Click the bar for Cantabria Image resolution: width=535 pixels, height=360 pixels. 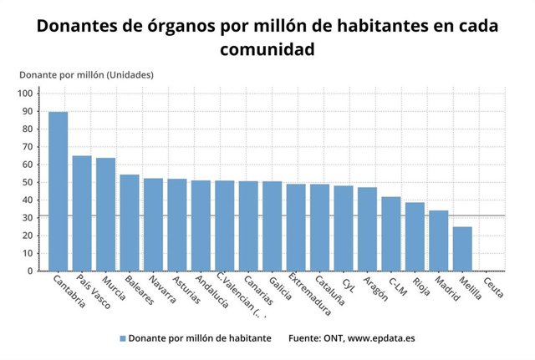(x=58, y=191)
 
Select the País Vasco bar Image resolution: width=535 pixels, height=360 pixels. (x=82, y=213)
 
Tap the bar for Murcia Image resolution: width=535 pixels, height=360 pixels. (x=105, y=215)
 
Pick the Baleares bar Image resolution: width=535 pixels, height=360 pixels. (x=130, y=223)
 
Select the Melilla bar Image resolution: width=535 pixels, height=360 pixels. (x=462, y=249)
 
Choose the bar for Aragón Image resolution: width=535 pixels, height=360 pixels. (x=367, y=229)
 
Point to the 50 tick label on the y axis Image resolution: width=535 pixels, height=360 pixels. (x=28, y=182)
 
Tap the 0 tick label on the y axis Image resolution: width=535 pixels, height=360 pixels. (x=30, y=271)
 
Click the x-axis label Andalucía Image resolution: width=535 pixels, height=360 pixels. (x=211, y=292)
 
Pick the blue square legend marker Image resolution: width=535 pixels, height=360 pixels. (x=122, y=339)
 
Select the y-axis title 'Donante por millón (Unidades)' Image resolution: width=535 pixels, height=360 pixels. (x=86, y=75)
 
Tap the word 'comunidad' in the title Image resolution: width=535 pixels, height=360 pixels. (x=267, y=50)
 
